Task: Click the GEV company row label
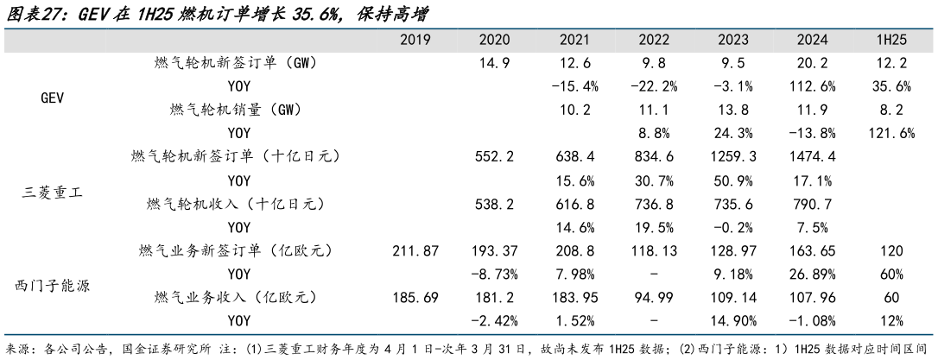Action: click(x=54, y=98)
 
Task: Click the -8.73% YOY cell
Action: click(x=499, y=274)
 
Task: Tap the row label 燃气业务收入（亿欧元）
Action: click(x=233, y=297)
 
